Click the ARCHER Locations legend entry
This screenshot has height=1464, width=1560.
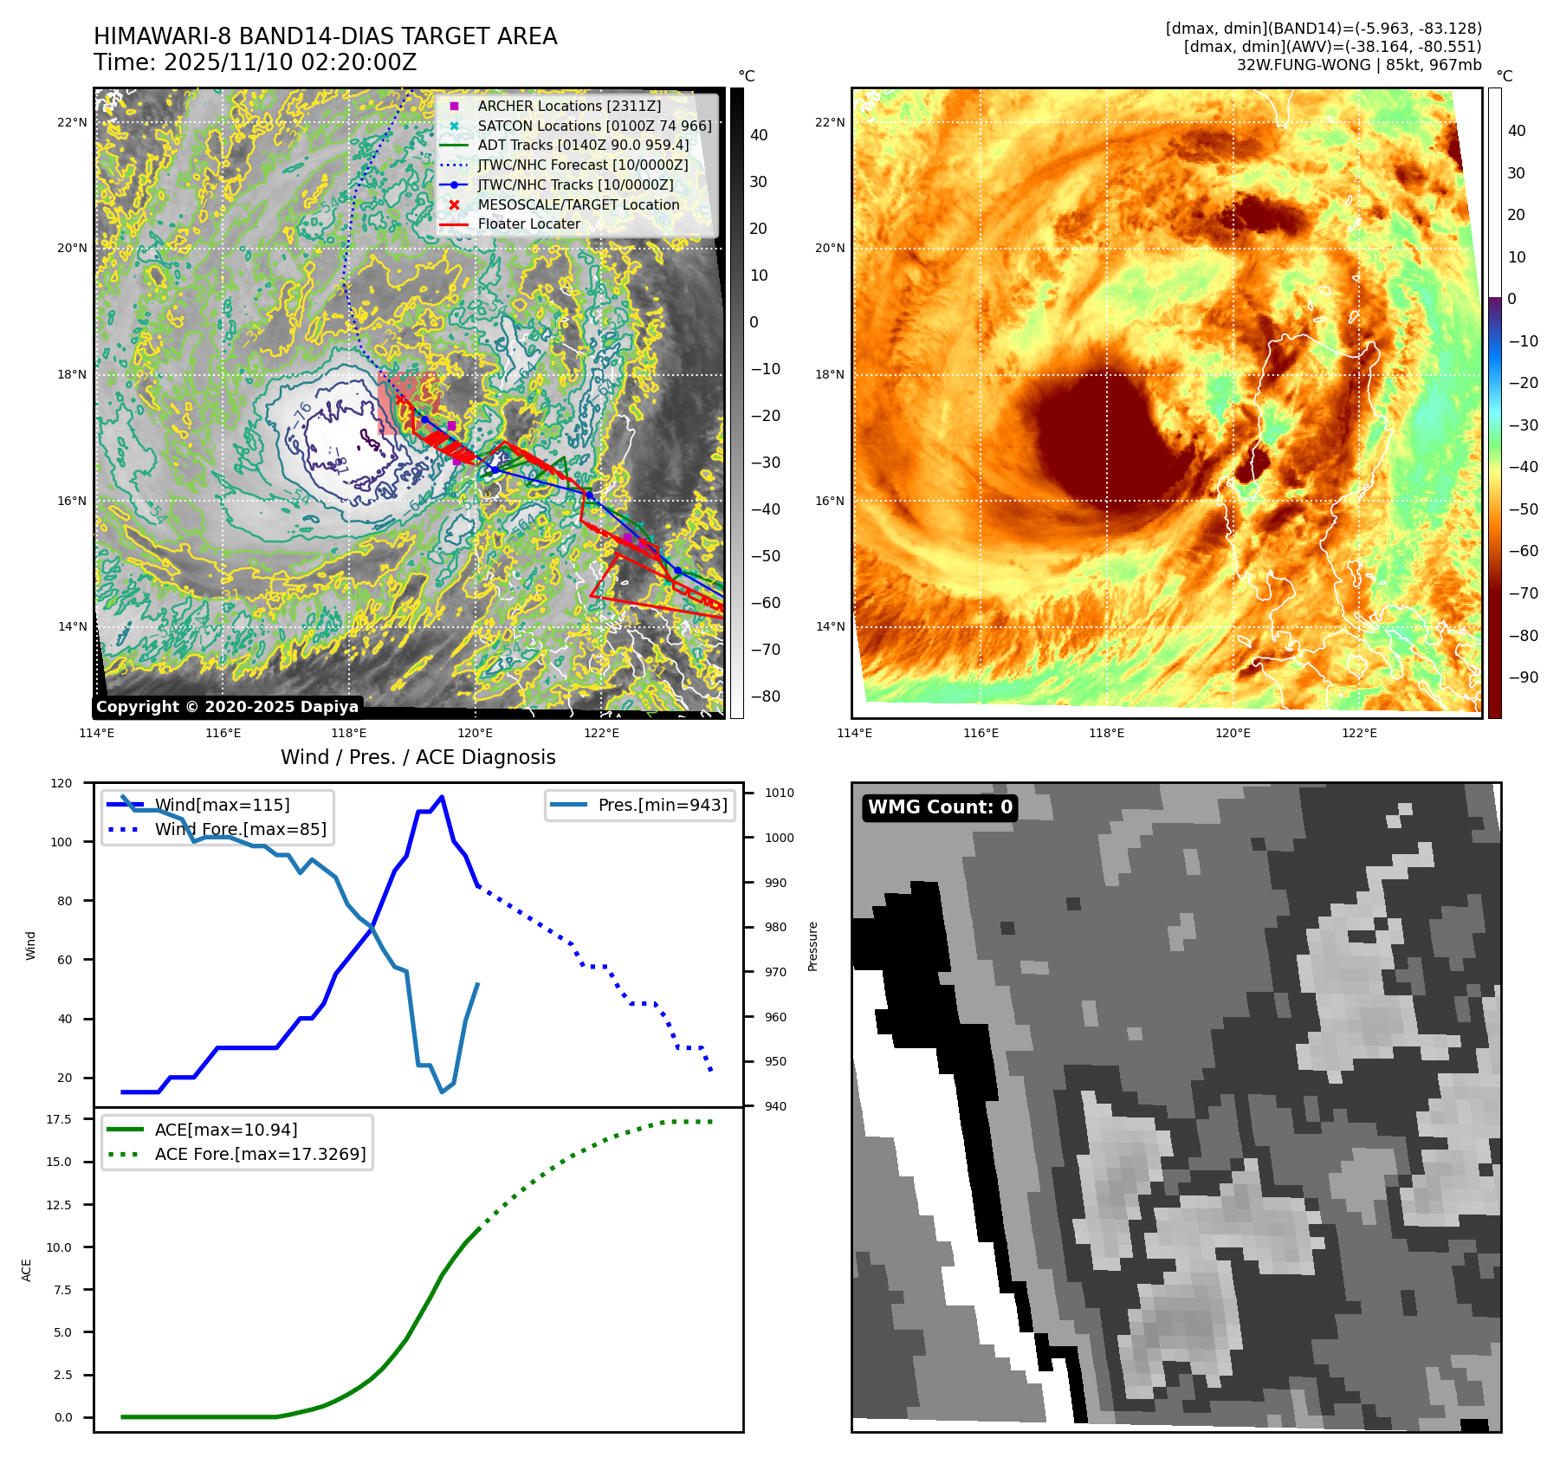pyautogui.click(x=568, y=106)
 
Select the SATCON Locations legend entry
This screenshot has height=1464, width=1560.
pyautogui.click(x=594, y=126)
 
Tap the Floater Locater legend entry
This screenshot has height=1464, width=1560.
pyautogui.click(x=528, y=223)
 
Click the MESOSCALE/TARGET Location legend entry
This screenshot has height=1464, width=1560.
pyautogui.click(x=578, y=204)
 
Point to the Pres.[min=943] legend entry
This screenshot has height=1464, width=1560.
pyautogui.click(x=662, y=805)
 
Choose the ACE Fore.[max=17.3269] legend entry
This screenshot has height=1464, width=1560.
pyautogui.click(x=260, y=1154)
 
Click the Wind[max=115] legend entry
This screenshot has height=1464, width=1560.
pyautogui.click(x=222, y=805)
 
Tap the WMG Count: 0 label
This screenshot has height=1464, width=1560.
pyautogui.click(x=940, y=807)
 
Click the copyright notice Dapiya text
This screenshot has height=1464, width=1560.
pyautogui.click(x=227, y=707)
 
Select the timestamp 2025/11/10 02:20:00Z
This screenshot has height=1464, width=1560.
pyautogui.click(x=289, y=62)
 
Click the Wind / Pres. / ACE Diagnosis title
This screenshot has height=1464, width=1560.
pyautogui.click(x=418, y=757)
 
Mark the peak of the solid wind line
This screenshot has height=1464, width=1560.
pyautogui.click(x=442, y=796)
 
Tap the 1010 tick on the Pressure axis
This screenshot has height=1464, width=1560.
pyautogui.click(x=780, y=793)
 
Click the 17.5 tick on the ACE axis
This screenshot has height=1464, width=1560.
pyautogui.click(x=59, y=1119)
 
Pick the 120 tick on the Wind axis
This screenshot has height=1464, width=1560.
pyautogui.click(x=61, y=783)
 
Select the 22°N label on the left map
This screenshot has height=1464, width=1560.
pyautogui.click(x=72, y=122)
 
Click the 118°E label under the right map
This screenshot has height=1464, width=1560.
pyautogui.click(x=1106, y=733)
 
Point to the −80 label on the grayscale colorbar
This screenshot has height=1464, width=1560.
pyautogui.click(x=765, y=696)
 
